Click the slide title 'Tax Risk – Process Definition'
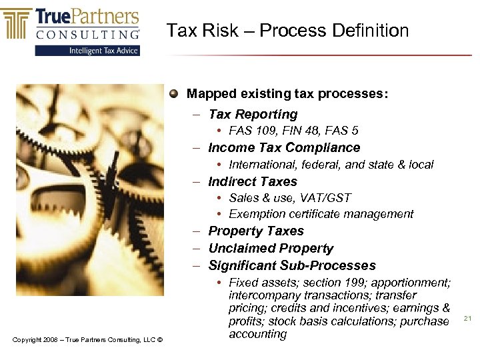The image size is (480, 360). pos(287,31)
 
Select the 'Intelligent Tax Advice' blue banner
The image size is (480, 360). pos(87,51)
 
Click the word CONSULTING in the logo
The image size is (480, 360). pos(87,34)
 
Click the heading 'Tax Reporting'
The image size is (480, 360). pos(253,115)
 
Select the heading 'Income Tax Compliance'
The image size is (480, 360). pos(284,148)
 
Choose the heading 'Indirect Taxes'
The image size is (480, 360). pos(253,181)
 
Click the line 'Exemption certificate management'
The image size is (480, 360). pos(321,214)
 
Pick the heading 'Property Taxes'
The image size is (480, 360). pos(256,231)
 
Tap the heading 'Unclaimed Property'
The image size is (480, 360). pos(271,249)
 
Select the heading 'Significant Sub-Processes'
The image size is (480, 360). pos(292,265)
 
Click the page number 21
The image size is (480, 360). pos(467,319)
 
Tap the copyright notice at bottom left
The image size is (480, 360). pos(87,341)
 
